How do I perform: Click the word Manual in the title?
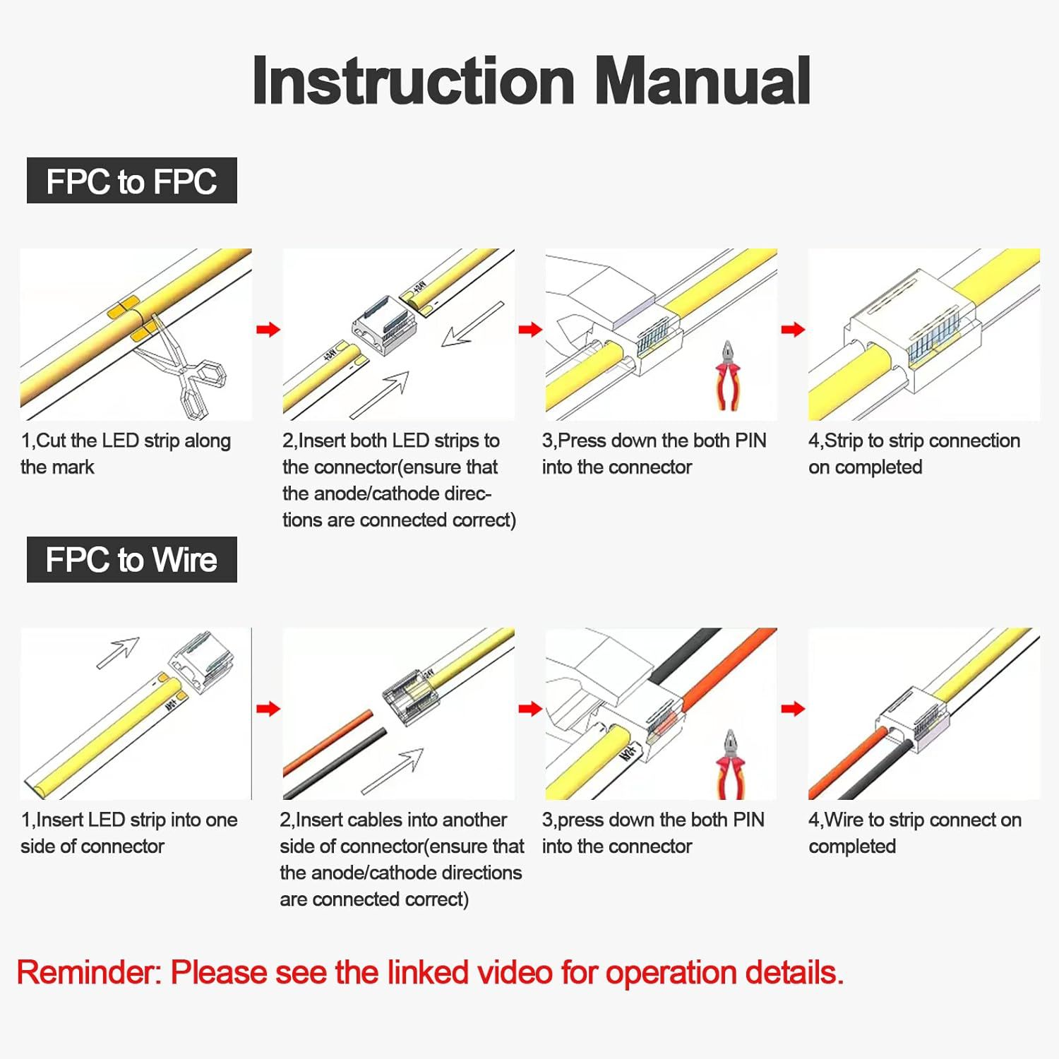coord(702,81)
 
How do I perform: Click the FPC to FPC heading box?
coord(131,181)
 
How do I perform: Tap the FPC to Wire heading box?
coord(131,560)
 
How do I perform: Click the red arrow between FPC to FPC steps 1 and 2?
coord(268,329)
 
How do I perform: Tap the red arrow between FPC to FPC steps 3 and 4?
coord(793,329)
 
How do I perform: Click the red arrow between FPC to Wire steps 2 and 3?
coord(530,709)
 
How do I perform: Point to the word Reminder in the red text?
coord(89,973)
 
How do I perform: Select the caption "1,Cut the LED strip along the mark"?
coord(126,453)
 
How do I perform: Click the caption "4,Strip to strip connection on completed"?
coord(914,453)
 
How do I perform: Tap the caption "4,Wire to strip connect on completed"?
coord(914,832)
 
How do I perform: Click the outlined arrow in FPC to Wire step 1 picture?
coord(118,652)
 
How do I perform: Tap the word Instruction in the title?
coord(413,81)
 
